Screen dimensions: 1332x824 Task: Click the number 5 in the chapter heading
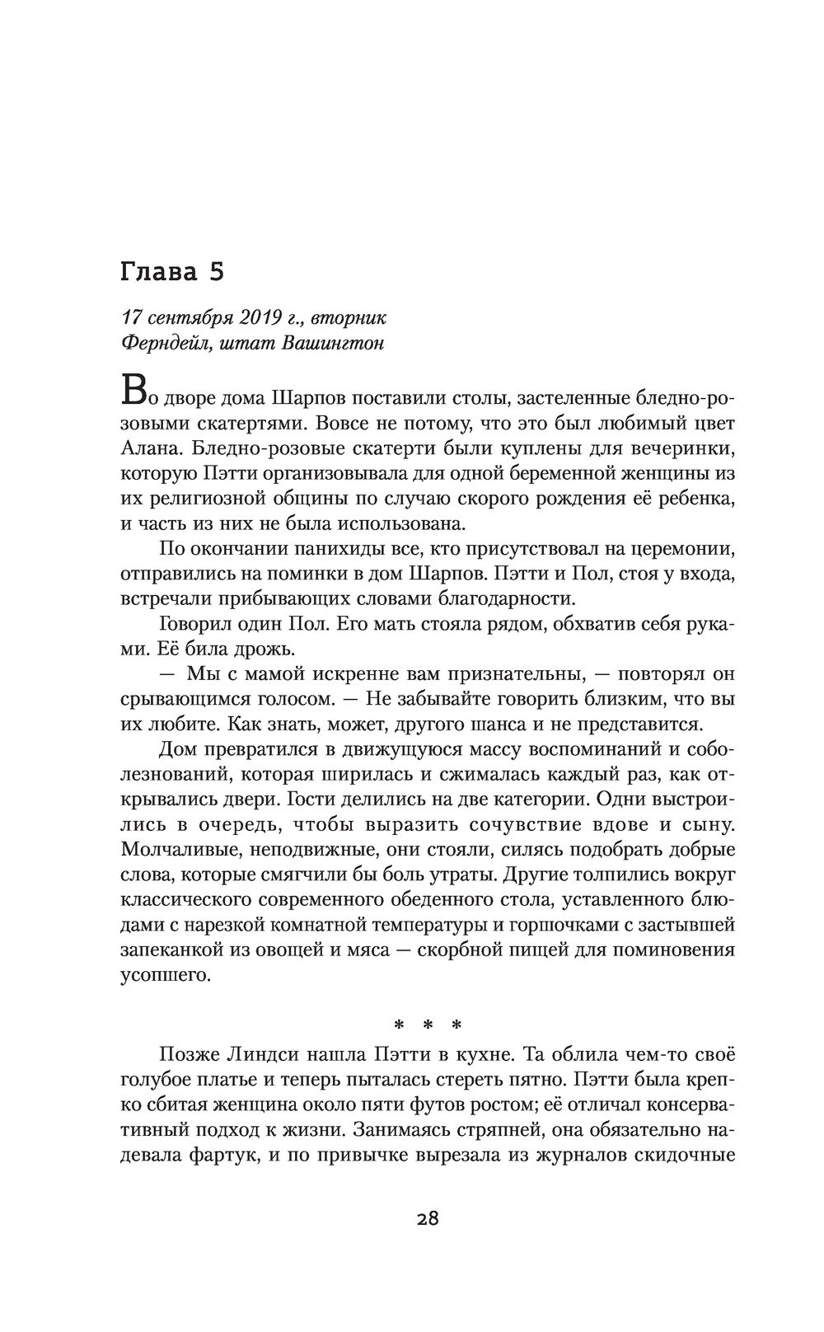point(217,273)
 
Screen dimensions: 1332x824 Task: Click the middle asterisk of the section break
point(428,1027)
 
